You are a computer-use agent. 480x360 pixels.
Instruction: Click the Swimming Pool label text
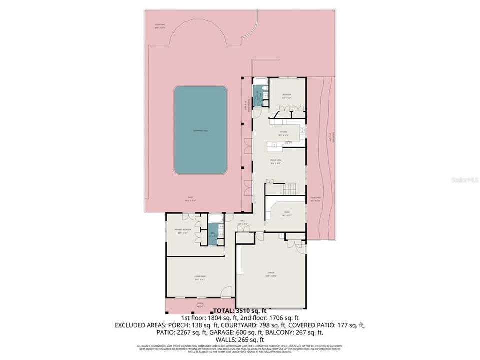click(x=200, y=131)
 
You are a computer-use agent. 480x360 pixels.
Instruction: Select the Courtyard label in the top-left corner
click(x=160, y=25)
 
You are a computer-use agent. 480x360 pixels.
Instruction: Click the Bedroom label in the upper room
click(x=287, y=95)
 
